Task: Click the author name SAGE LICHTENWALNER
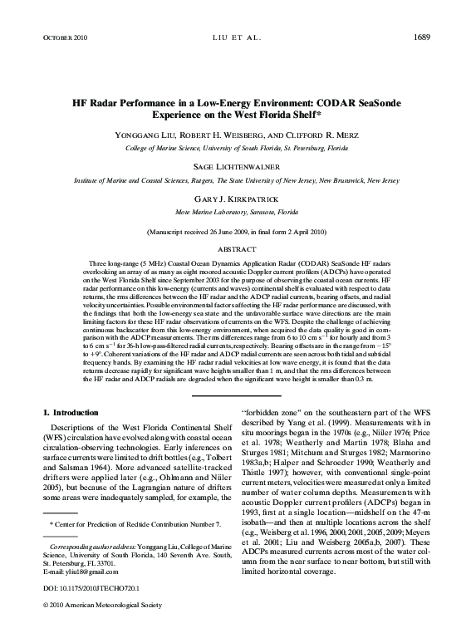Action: click(x=235, y=166)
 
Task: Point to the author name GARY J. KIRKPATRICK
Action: click(x=235, y=199)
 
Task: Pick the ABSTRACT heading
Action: click(x=235, y=248)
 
